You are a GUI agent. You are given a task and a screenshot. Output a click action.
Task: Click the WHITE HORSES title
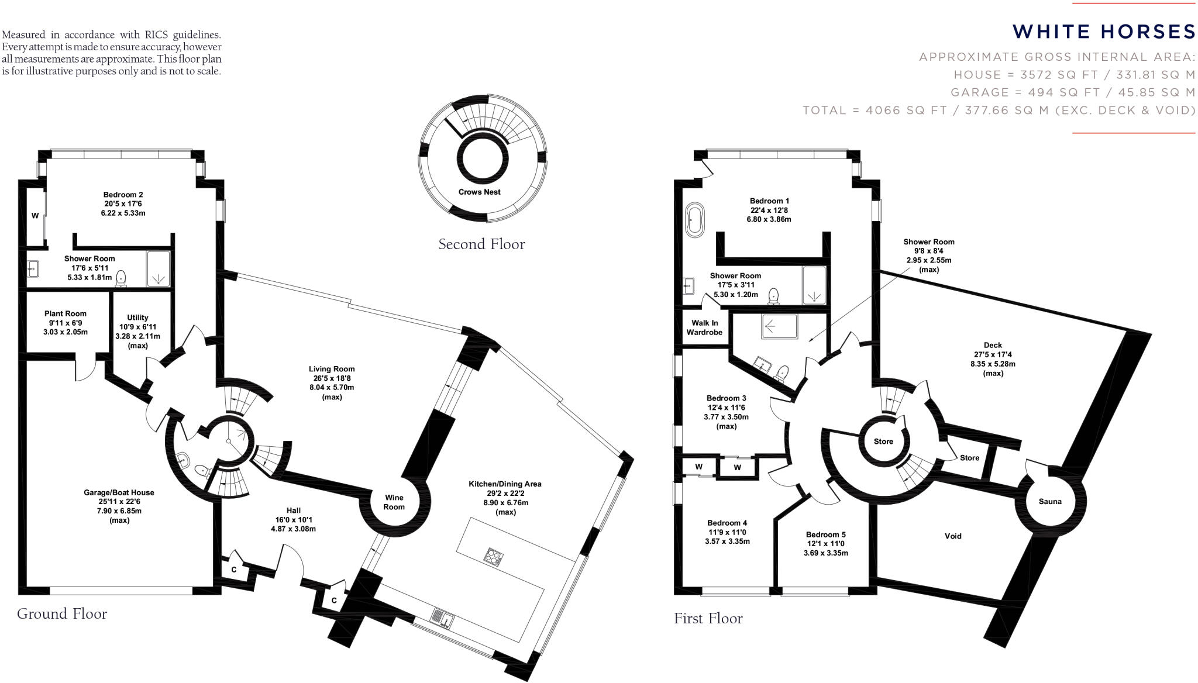[1104, 32]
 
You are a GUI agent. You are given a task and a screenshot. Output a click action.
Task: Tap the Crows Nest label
[479, 192]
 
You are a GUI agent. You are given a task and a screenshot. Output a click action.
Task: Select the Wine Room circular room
[394, 502]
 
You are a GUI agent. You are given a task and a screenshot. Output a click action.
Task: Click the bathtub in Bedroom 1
[696, 220]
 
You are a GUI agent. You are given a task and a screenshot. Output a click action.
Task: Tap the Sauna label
[1050, 501]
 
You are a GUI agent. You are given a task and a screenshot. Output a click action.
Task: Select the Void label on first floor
[953, 536]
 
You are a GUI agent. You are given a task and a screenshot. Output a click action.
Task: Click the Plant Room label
[66, 313]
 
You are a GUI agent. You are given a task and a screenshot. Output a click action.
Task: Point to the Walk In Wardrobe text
[704, 327]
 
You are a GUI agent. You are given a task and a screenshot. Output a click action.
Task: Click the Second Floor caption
[481, 244]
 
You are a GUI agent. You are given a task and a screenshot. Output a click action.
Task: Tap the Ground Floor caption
[62, 613]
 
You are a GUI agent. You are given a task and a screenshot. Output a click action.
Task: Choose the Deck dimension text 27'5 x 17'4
[993, 354]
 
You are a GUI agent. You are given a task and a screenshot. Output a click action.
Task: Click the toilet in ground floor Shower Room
[122, 278]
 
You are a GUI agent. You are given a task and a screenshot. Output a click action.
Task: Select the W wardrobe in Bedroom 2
[35, 216]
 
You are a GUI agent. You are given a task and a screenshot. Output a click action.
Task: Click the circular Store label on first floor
[883, 441]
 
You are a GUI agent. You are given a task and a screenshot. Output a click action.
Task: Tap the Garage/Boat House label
[119, 492]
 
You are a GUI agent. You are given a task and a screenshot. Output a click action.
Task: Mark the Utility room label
[137, 318]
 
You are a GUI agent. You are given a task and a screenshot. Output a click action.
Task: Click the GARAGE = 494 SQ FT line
[1072, 92]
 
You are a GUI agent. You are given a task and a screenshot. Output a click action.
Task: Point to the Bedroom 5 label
[825, 534]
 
